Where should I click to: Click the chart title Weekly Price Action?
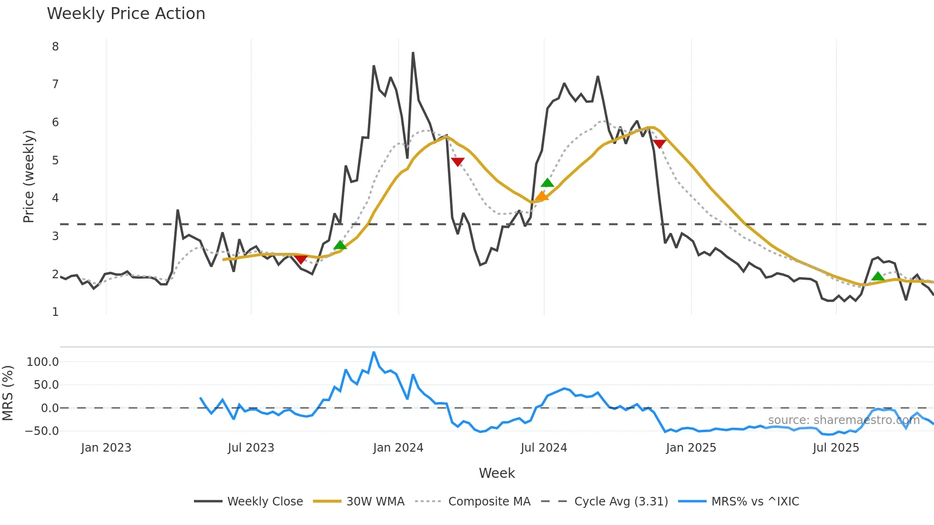click(x=126, y=14)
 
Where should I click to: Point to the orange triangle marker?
click(x=542, y=196)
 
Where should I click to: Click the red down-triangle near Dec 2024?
click(x=660, y=144)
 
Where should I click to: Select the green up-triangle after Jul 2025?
click(x=878, y=276)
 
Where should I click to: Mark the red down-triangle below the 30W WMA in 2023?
click(x=301, y=259)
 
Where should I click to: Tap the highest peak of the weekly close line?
click(x=413, y=53)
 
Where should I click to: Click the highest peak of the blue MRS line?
click(x=374, y=352)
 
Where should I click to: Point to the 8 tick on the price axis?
click(x=55, y=47)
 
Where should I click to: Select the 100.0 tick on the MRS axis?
click(x=43, y=362)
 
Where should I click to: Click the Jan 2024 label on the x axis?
click(x=398, y=448)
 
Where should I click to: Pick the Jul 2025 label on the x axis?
click(x=836, y=448)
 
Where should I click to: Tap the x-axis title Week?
click(x=497, y=473)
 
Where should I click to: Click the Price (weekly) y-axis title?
click(x=29, y=176)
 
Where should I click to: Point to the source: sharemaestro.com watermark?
click(x=843, y=420)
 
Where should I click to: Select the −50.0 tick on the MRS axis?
click(x=42, y=431)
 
